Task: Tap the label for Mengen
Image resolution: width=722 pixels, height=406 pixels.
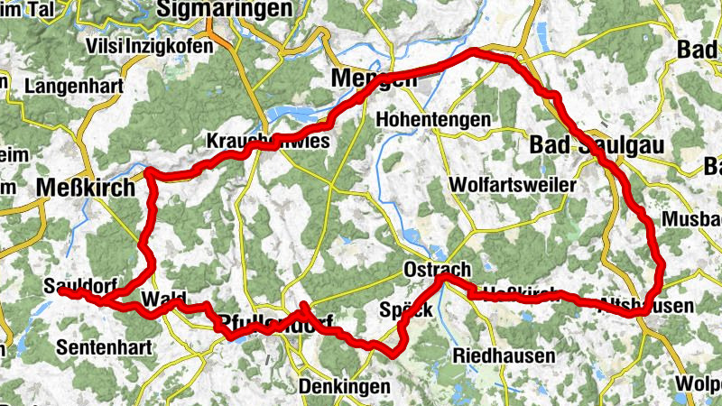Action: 375,79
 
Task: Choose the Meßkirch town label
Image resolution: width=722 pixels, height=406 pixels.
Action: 86,188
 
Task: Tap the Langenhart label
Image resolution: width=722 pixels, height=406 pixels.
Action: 69,88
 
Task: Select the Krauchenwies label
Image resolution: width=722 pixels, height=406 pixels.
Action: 268,143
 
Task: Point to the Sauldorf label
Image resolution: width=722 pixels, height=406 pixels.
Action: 79,286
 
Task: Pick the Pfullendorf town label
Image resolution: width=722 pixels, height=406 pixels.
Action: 275,323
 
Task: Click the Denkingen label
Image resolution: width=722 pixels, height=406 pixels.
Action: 344,387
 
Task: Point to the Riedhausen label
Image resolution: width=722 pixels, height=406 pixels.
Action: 502,354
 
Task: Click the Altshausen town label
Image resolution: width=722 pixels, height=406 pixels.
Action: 647,306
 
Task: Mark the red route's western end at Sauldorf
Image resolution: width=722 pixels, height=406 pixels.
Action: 61,291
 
